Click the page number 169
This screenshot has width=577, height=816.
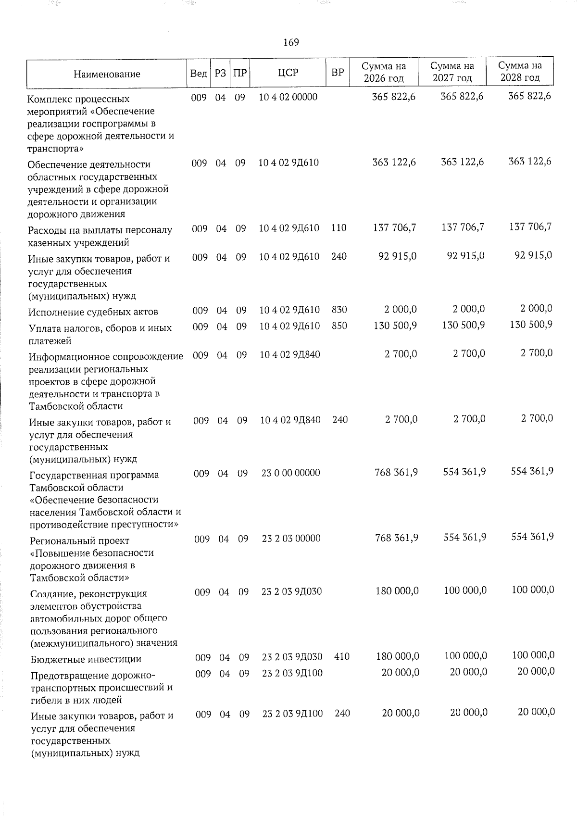(x=291, y=42)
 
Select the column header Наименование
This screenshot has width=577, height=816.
(x=107, y=74)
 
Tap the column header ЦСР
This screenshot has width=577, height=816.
(x=288, y=73)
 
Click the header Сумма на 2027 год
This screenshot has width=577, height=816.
(x=452, y=72)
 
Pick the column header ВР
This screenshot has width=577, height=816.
(x=338, y=73)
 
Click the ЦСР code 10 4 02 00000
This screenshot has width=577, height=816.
(x=288, y=97)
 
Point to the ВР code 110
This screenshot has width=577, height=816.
(x=339, y=228)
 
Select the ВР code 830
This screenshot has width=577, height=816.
(x=339, y=310)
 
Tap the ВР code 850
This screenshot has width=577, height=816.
(x=339, y=326)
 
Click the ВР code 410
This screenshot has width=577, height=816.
(x=341, y=656)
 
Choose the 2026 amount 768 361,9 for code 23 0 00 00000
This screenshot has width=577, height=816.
(x=396, y=473)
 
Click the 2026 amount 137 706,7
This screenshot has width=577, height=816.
(x=394, y=227)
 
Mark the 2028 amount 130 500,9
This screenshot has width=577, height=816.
(x=531, y=325)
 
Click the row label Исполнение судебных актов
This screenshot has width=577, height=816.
(x=93, y=312)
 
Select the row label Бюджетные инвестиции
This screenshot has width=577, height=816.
(x=86, y=659)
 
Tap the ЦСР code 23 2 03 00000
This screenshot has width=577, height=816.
(x=291, y=539)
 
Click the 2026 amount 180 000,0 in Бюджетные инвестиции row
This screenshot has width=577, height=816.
(x=397, y=656)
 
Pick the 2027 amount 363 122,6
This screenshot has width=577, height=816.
(x=462, y=162)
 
